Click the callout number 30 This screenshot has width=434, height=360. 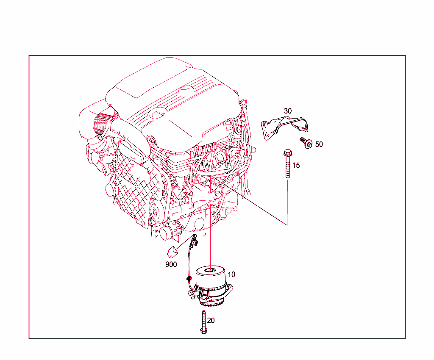[x=288, y=111]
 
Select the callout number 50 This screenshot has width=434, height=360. [x=319, y=144]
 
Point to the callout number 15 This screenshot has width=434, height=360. [x=296, y=166]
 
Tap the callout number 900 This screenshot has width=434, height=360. [x=171, y=265]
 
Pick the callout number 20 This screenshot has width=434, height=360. [x=211, y=321]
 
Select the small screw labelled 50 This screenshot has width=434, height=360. [x=306, y=142]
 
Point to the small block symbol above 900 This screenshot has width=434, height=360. [x=172, y=251]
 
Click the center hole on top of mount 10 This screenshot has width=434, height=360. [x=211, y=269]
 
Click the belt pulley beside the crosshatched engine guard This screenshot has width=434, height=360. [x=156, y=210]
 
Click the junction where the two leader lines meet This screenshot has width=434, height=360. [x=287, y=224]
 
